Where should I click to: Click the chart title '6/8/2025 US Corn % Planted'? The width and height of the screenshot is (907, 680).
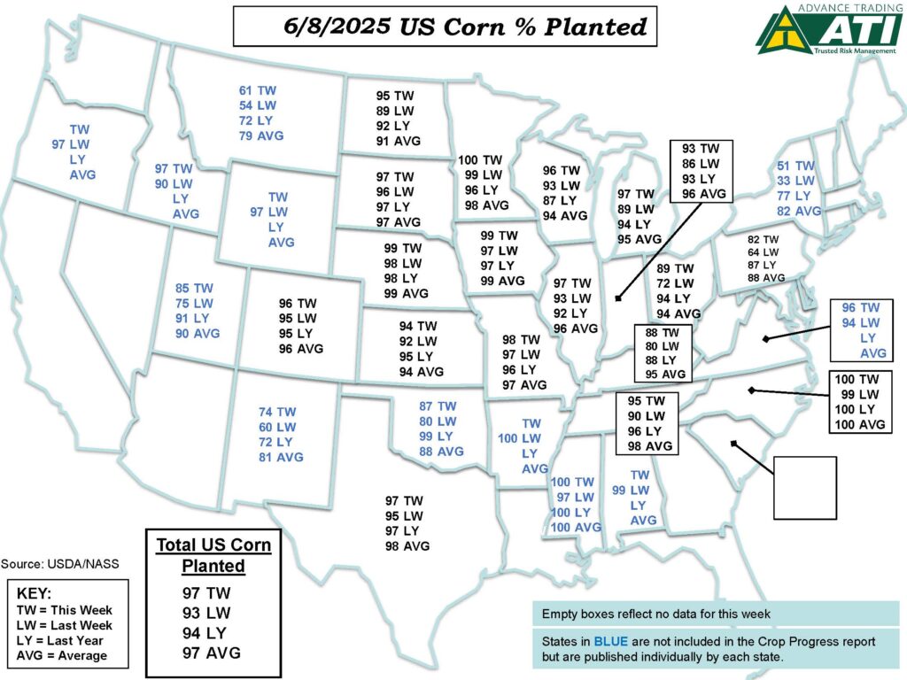point(445,27)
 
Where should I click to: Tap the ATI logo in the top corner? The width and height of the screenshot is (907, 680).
point(829,29)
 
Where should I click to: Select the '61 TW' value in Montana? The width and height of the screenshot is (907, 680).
point(258,90)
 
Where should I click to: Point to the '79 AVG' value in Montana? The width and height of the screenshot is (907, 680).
point(260,135)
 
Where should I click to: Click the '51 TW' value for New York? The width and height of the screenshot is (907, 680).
point(795,166)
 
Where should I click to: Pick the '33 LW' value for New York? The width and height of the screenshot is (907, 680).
point(795,181)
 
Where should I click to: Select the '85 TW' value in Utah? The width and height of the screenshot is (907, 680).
point(195,288)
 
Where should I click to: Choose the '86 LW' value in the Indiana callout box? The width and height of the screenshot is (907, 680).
point(700,164)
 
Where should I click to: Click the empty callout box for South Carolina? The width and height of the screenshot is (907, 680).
point(804,487)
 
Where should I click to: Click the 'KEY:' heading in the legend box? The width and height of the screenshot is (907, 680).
point(35,593)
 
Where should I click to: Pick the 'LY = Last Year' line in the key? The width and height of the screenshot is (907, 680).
point(59,640)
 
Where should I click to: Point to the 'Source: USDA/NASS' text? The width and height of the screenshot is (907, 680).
point(59,563)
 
